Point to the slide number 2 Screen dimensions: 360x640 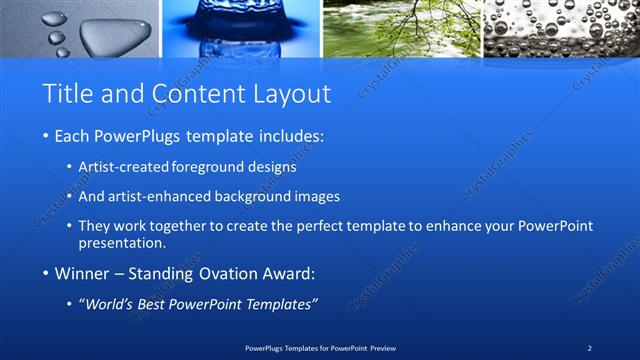click(590, 348)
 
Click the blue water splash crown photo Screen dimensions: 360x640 click(240, 28)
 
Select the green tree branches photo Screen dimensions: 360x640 click(401, 28)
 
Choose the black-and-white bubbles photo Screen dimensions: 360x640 click(561, 28)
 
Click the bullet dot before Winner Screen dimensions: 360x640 click(46, 273)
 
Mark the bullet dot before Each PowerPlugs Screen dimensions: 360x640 click(46, 135)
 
